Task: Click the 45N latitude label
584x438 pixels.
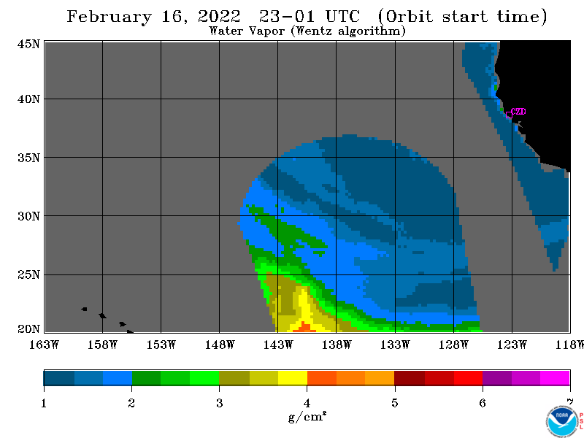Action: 28,44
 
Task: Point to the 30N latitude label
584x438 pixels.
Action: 28,216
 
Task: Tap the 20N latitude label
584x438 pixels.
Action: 28,329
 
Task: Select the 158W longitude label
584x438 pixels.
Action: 102,345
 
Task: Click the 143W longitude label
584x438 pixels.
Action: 278,345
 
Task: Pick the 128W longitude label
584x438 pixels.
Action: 453,345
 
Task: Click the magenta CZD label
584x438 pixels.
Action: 518,112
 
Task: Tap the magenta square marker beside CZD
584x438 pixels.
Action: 509,115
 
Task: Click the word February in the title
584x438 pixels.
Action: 109,17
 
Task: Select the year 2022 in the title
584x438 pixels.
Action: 219,16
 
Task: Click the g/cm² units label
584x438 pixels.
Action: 307,416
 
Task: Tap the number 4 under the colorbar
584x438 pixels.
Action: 307,403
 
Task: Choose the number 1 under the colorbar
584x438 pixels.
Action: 44,403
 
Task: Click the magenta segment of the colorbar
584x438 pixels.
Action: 555,377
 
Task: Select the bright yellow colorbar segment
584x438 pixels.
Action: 293,377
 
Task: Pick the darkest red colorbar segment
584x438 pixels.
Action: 410,377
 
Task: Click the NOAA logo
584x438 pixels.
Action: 561,422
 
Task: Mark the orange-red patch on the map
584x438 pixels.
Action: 304,327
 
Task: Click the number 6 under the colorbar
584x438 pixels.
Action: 483,403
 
